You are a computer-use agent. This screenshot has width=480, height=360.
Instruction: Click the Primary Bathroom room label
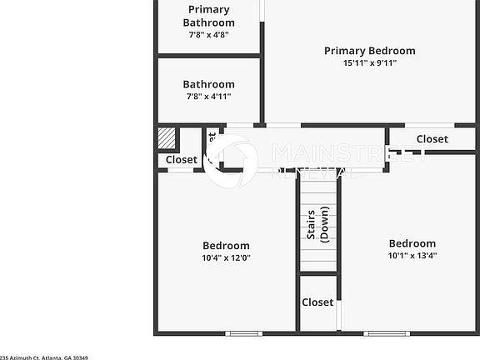(208, 16)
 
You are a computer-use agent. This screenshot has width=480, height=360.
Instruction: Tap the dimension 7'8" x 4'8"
(208, 35)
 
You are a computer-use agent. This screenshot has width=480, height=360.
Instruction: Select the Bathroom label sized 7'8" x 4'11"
(208, 84)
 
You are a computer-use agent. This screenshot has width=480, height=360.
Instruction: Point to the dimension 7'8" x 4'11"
(208, 97)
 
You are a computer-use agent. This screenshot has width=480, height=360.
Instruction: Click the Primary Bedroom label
(369, 51)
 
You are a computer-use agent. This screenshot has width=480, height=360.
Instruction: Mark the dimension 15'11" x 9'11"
(369, 63)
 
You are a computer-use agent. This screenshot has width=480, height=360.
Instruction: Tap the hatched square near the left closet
(167, 137)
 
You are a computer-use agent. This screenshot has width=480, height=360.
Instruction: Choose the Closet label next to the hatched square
(181, 159)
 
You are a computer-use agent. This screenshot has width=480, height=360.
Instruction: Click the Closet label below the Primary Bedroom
(432, 139)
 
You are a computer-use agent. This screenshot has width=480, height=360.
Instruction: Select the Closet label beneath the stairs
(317, 302)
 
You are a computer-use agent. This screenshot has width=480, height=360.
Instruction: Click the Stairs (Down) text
(317, 225)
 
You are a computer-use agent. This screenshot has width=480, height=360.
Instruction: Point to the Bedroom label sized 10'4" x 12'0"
(226, 246)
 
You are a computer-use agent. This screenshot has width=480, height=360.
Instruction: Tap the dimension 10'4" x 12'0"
(226, 258)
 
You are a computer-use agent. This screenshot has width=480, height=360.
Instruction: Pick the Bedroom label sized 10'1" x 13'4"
(412, 243)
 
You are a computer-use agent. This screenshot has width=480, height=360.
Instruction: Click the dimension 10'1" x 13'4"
(412, 256)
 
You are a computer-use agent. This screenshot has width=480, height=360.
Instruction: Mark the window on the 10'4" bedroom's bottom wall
(244, 333)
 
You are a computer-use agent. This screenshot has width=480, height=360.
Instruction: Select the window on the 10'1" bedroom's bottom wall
(386, 333)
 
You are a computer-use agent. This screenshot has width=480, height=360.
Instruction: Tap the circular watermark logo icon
(231, 161)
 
